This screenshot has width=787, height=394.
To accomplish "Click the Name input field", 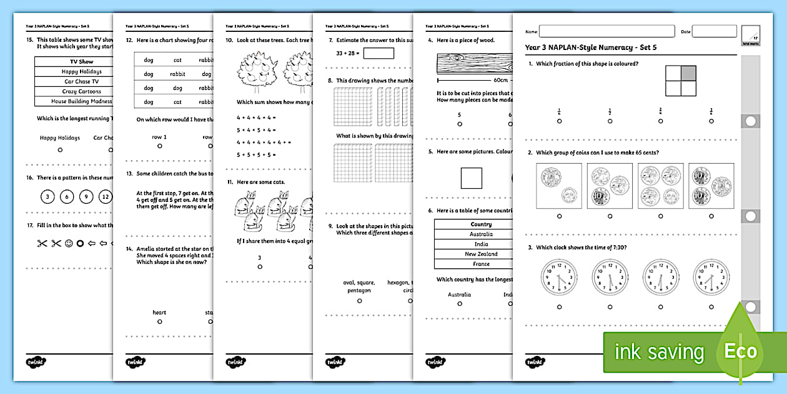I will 606,31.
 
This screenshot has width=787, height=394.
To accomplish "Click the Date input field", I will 714,31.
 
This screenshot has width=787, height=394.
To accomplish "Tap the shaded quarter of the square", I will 687,74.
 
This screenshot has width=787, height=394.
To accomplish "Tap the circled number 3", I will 46,197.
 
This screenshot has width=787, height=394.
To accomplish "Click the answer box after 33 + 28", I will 379,54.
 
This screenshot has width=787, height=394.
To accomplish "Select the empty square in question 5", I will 472,178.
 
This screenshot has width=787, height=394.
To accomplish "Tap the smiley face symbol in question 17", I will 69,243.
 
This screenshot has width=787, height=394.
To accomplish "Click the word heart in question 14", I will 160,312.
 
